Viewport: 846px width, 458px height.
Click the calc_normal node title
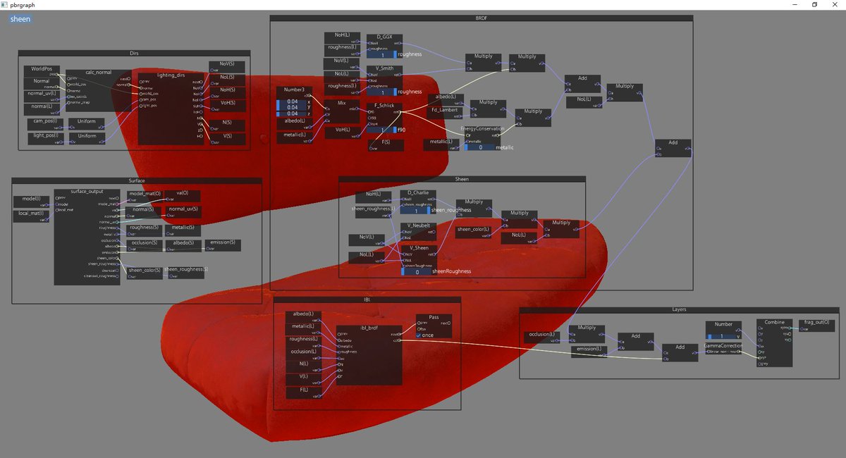(x=99, y=73)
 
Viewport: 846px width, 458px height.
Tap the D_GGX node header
(x=384, y=37)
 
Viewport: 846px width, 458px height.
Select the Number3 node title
(x=294, y=89)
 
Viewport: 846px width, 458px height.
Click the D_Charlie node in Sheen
(x=418, y=193)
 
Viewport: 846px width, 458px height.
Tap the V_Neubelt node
(x=418, y=226)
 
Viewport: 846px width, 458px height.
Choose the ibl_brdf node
(x=369, y=328)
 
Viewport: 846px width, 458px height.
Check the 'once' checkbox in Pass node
(x=419, y=335)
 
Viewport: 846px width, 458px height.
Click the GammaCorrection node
(x=723, y=346)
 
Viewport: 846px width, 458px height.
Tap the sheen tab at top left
(x=20, y=19)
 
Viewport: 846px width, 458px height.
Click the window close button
(x=835, y=4)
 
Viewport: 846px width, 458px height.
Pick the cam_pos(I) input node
(x=44, y=122)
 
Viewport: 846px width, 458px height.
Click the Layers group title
(x=679, y=309)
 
